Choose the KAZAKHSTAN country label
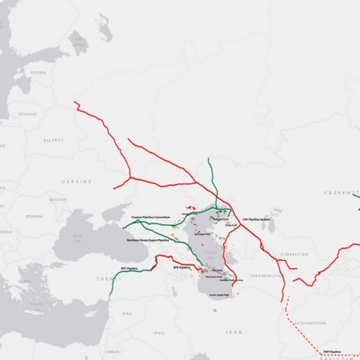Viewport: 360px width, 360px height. [338, 193]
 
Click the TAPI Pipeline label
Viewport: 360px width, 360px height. [332, 351]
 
